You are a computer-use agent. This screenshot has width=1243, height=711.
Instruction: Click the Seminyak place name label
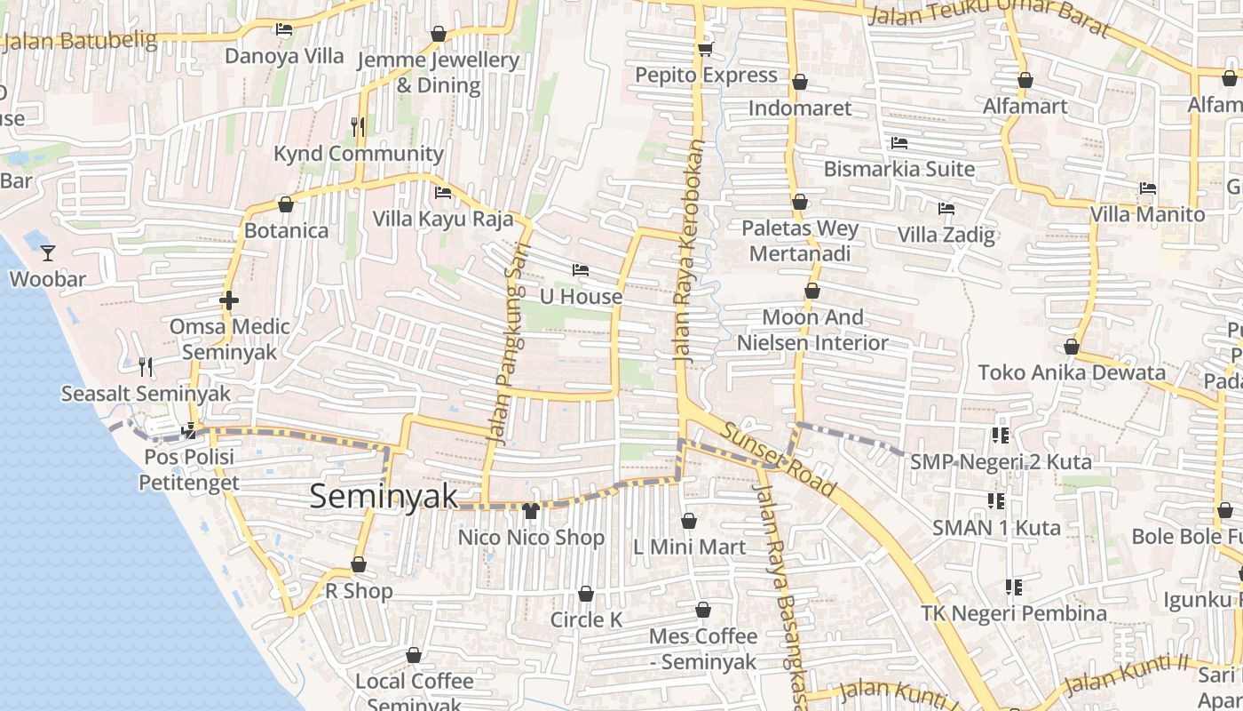[x=383, y=496]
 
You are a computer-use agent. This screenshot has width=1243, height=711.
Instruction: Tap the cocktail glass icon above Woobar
[x=48, y=253]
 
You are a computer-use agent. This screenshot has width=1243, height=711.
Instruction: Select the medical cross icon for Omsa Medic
[x=229, y=300]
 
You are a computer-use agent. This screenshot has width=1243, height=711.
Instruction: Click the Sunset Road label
[x=778, y=459]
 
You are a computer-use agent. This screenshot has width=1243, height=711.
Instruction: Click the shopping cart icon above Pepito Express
[x=706, y=49]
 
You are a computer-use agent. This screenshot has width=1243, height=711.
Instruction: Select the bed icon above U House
[x=581, y=270]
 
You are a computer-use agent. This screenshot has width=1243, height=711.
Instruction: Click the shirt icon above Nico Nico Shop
[x=531, y=511]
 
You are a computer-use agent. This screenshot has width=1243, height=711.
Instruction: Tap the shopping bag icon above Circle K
[x=586, y=594]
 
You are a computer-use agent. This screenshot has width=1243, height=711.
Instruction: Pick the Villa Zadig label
[x=946, y=236]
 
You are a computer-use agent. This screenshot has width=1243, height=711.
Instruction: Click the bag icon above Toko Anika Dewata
[x=1072, y=347]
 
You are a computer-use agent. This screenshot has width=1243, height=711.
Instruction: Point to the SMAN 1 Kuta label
[x=996, y=528]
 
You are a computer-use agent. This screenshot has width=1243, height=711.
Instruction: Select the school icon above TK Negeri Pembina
[x=1013, y=587]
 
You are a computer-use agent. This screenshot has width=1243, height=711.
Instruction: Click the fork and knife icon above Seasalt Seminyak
[x=146, y=366]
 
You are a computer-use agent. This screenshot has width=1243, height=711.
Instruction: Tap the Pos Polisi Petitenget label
[x=188, y=470]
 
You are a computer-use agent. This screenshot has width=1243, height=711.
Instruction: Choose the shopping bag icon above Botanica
[x=286, y=204]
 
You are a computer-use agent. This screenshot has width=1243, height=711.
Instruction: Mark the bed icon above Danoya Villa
[x=284, y=29]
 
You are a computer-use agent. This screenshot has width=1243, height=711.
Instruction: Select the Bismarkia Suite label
[x=899, y=169]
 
